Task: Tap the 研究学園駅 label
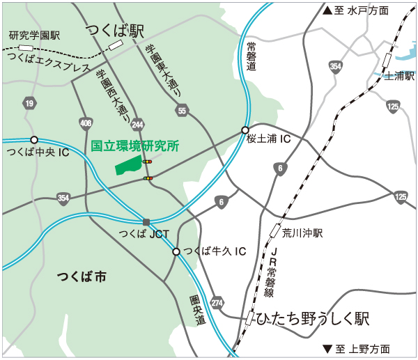[35, 35]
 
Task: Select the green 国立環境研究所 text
[135, 146]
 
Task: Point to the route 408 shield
[86, 124]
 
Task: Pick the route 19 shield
[29, 104]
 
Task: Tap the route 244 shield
[137, 124]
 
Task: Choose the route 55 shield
[182, 111]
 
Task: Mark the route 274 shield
[217, 302]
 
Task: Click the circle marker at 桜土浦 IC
[245, 130]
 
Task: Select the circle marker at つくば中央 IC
[34, 139]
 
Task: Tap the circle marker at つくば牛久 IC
[176, 251]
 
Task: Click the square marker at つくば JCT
[146, 222]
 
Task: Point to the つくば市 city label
[82, 277]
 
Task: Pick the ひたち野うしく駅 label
[312, 319]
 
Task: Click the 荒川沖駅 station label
[303, 233]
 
